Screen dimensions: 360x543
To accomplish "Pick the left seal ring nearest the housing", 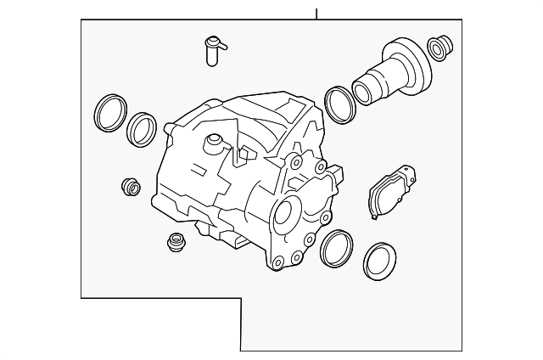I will point(142,128).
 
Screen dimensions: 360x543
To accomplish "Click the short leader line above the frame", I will point(316,14).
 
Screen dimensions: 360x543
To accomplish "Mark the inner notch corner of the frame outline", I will point(241,298).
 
